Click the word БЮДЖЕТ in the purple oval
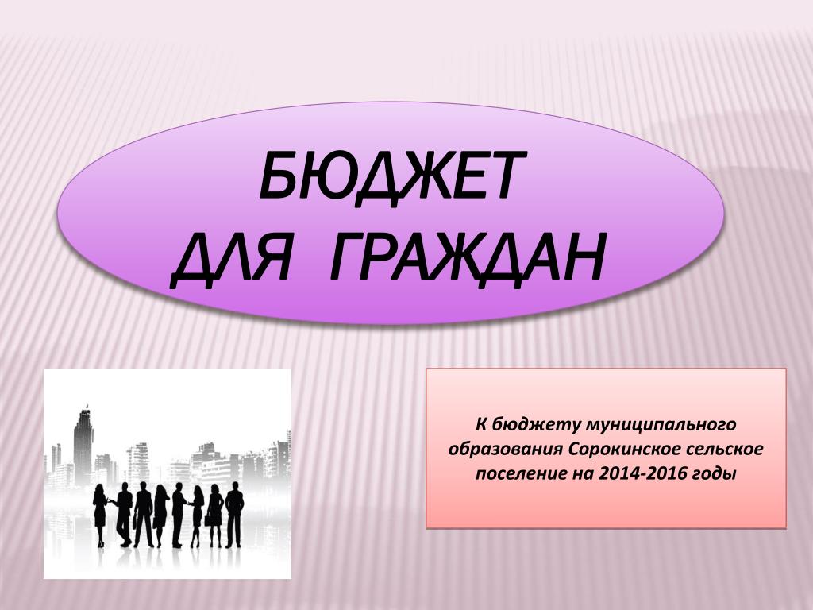pyautogui.click(x=392, y=176)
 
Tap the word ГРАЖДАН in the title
pyautogui.click(x=467, y=257)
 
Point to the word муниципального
pyautogui.click(x=661, y=424)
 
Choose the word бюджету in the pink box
pyautogui.click(x=536, y=425)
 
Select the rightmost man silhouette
pyautogui.click(x=234, y=515)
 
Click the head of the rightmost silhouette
pyautogui.click(x=235, y=486)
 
